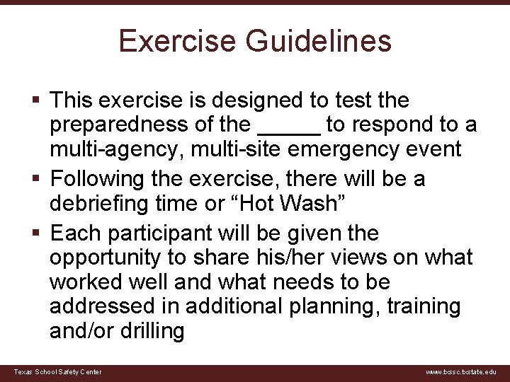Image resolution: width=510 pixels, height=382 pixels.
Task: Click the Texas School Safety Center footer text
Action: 57,372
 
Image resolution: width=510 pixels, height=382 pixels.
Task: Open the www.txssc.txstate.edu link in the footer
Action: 461,372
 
